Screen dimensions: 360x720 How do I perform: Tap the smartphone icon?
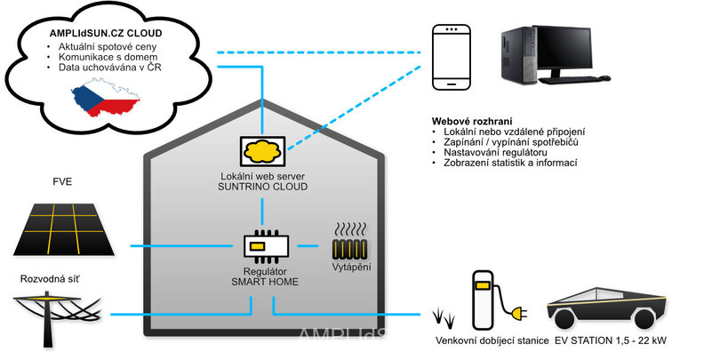point(452,56)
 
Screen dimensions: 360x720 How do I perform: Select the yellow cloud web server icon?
point(262,150)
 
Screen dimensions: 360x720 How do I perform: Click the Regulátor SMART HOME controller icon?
point(262,246)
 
